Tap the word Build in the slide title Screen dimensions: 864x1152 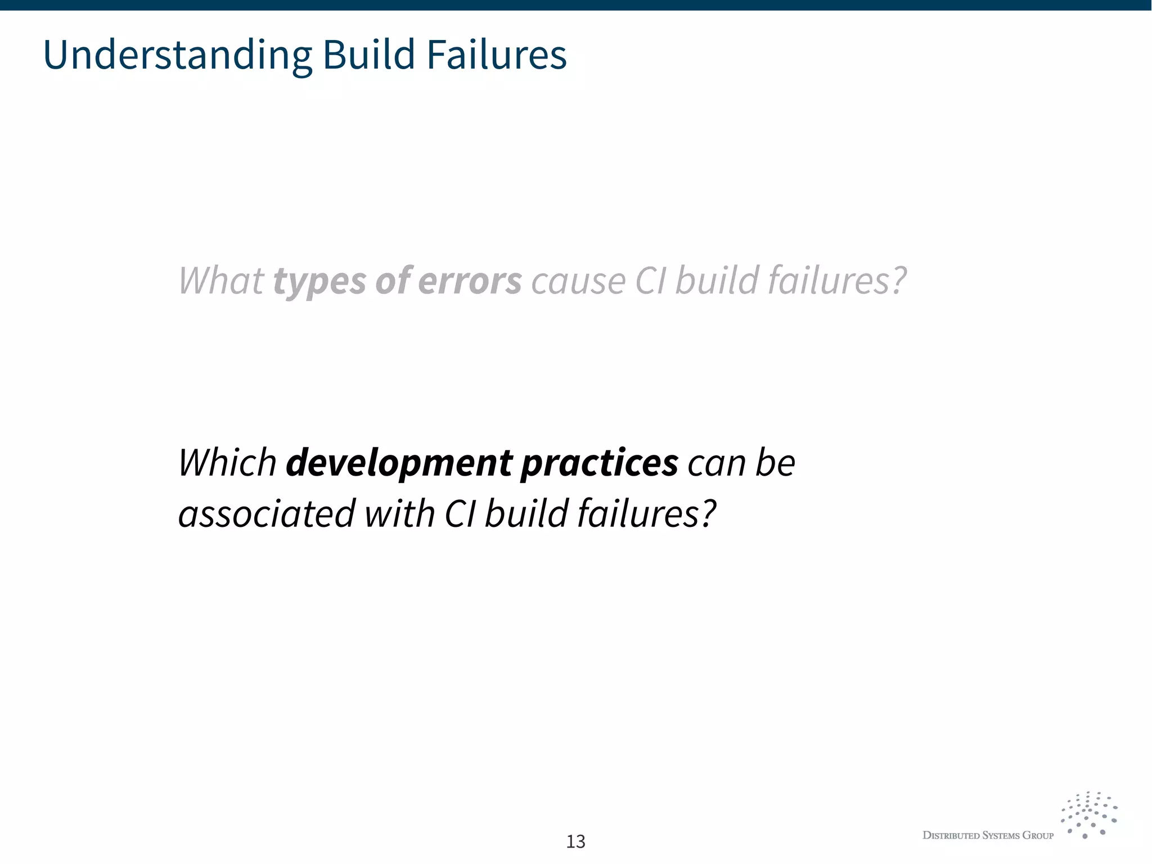(369, 55)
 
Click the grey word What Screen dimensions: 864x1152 (220, 280)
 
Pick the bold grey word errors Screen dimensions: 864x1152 (470, 280)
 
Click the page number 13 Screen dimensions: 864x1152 (575, 841)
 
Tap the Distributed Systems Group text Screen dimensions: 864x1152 (988, 835)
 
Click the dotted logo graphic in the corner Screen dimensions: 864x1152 (1088, 814)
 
